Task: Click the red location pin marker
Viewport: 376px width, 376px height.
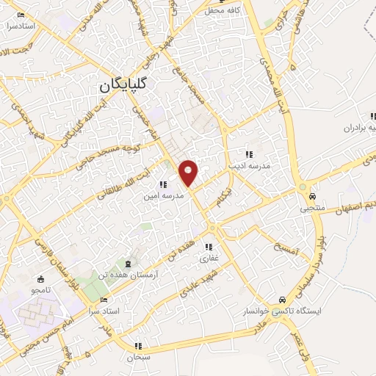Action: point(189,173)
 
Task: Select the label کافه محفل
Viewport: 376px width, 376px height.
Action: point(223,10)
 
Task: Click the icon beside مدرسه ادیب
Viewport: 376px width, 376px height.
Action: point(249,154)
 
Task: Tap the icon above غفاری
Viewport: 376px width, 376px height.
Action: point(209,247)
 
